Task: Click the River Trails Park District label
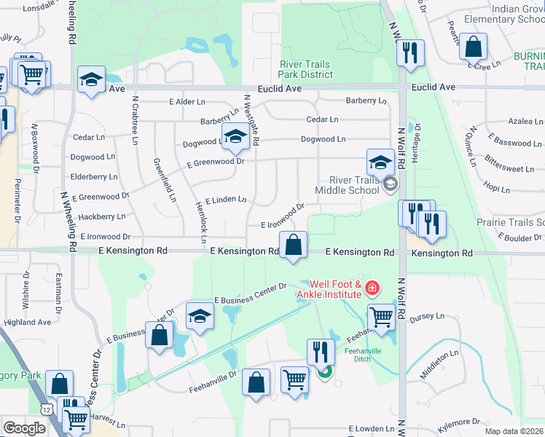pos(306,69)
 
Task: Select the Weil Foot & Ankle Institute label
pos(336,289)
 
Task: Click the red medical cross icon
pos(373,289)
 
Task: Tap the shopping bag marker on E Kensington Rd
pos(293,246)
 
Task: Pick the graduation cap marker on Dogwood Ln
pos(235,136)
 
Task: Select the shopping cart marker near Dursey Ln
pos(382,318)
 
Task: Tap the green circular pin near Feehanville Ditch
pos(325,373)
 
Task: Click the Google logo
pos(25,428)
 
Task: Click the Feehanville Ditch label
pos(358,354)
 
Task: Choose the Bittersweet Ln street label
pos(509,169)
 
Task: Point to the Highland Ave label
pos(28,322)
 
